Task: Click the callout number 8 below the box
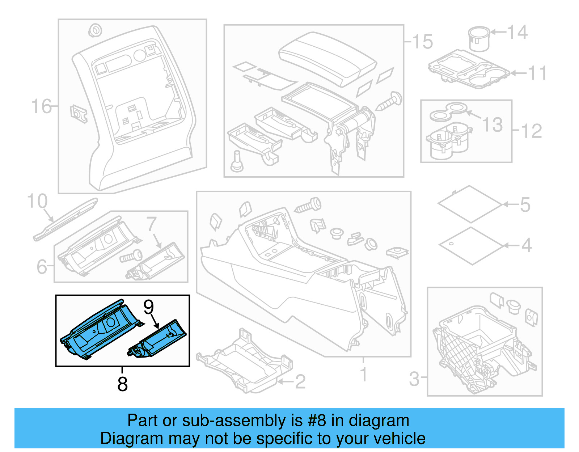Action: [x=123, y=384]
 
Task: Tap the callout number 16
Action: [x=41, y=106]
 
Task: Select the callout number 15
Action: [x=422, y=42]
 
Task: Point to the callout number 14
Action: [x=517, y=33]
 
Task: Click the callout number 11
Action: [x=537, y=73]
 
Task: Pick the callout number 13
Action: [x=493, y=125]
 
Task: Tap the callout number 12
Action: [x=532, y=131]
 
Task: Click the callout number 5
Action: [x=525, y=205]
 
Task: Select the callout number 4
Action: [x=526, y=245]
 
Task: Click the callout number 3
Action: [x=414, y=379]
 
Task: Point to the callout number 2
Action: [x=300, y=382]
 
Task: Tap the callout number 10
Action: [x=37, y=201]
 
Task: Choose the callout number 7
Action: [x=152, y=224]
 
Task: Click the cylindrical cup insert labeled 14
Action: [x=479, y=39]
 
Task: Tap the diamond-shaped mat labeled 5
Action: [x=470, y=204]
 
